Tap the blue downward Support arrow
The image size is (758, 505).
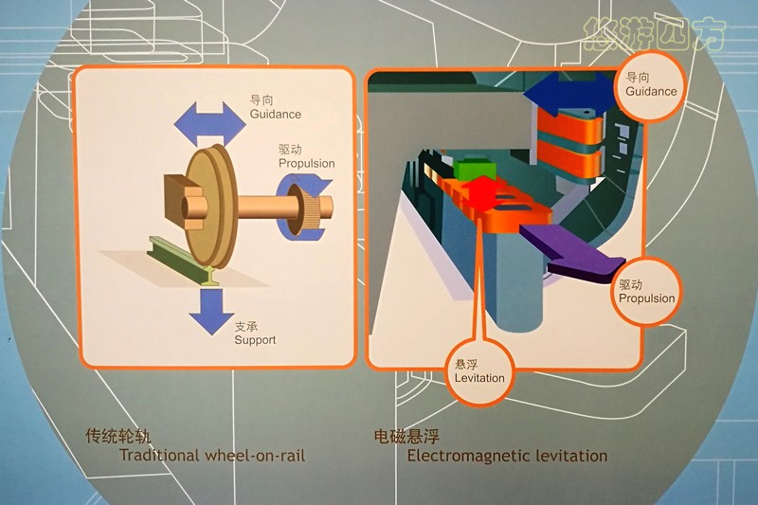(210, 313)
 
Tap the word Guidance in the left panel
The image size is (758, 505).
(275, 115)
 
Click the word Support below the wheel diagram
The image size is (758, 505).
(255, 339)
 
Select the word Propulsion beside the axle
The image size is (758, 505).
(306, 163)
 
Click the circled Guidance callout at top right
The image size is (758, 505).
(651, 85)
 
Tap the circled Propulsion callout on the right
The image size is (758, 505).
(647, 292)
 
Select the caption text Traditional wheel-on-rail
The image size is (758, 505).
(212, 455)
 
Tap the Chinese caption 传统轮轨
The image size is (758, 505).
(117, 437)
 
